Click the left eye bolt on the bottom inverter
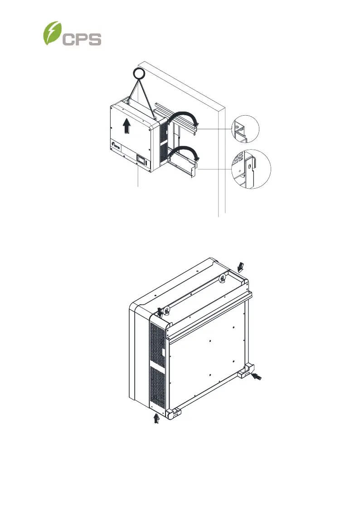tap(167, 311)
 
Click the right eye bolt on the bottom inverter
tap(223, 278)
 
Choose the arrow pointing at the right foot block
tap(257, 376)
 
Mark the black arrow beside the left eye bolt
tap(160, 311)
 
